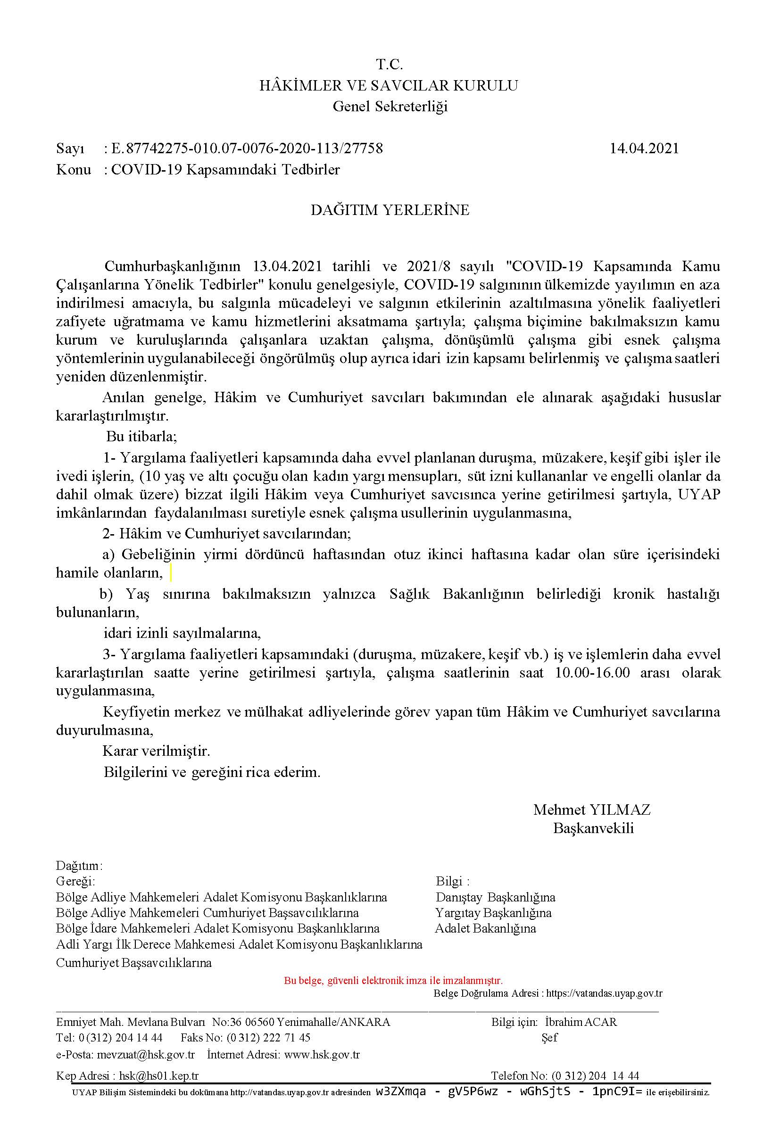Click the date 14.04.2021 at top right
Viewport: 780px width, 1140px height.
tap(644, 148)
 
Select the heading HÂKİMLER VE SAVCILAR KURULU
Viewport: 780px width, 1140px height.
tap(389, 86)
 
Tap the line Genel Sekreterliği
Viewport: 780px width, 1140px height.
tap(390, 107)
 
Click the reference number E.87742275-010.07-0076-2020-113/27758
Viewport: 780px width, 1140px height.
tap(247, 148)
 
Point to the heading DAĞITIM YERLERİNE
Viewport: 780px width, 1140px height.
tap(390, 210)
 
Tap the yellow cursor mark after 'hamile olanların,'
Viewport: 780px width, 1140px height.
tap(170, 572)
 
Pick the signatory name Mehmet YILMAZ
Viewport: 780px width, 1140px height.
tap(592, 810)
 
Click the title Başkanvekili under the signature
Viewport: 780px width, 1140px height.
tap(593, 828)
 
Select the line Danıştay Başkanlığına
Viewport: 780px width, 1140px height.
tap(496, 897)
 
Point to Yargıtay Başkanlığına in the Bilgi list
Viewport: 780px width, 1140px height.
tap(493, 913)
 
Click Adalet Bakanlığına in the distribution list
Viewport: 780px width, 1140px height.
tap(485, 928)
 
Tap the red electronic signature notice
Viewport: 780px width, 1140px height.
tap(393, 981)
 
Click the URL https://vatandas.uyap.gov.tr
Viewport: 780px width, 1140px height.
tap(604, 993)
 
